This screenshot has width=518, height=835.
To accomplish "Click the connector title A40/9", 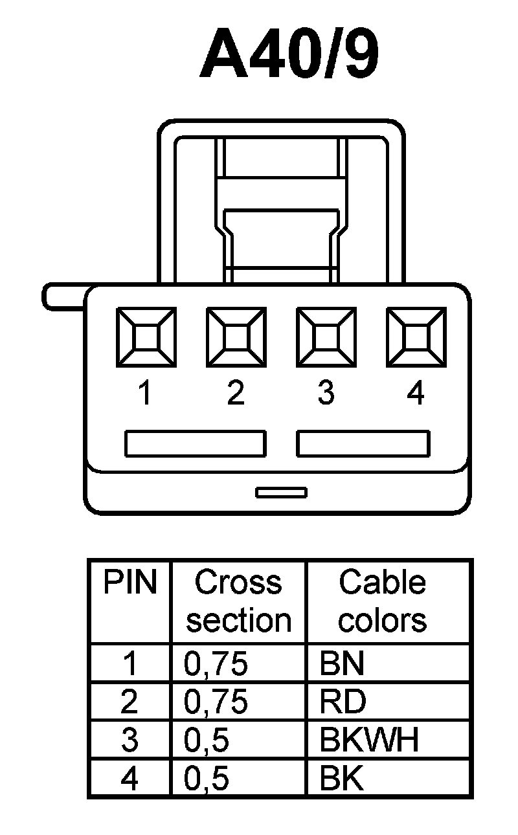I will [x=289, y=56].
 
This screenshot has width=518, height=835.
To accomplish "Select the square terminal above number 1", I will [x=145, y=337].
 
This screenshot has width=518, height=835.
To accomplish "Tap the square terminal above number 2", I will [x=236, y=337].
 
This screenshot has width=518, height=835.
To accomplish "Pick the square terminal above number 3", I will [x=326, y=337].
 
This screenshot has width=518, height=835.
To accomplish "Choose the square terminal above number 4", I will [x=416, y=337].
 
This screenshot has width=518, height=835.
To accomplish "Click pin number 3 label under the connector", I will [x=326, y=393].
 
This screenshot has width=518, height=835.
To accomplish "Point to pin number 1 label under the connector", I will [x=145, y=393].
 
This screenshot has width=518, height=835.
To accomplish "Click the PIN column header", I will [x=129, y=583].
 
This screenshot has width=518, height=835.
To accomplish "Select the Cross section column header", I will [x=238, y=601].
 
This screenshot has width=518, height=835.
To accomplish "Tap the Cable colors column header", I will [x=382, y=601].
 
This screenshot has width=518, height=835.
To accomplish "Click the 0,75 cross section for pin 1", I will [x=216, y=664].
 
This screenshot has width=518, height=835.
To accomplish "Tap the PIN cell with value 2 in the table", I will [x=129, y=702].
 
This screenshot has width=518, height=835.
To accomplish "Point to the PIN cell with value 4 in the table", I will [x=129, y=779].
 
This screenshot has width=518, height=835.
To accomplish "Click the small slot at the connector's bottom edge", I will [x=281, y=493].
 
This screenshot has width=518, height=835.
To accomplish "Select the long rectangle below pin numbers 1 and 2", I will [x=195, y=443].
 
